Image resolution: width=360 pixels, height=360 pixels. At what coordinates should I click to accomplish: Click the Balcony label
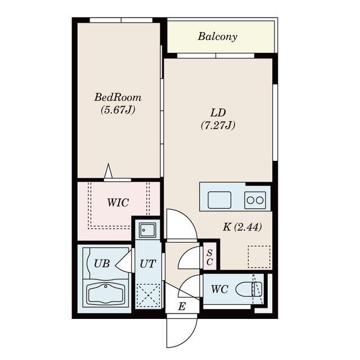(218, 37)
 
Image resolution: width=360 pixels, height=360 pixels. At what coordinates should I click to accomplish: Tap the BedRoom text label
(118, 97)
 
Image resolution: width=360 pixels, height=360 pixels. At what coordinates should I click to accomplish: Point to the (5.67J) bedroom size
(118, 110)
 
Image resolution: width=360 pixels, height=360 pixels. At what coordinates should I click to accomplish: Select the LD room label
(218, 112)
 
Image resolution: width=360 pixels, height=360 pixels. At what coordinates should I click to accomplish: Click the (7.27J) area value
(218, 125)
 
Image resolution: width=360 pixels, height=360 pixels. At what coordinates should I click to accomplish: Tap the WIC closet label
(118, 202)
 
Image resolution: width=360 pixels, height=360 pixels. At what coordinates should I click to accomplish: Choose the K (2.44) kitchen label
(242, 227)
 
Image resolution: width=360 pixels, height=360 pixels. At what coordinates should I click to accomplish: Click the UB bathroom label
(102, 264)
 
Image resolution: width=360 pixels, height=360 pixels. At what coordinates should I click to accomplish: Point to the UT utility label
(148, 264)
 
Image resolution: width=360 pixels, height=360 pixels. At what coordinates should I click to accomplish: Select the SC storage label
(209, 257)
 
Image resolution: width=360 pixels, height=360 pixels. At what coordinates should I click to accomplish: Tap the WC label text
(220, 289)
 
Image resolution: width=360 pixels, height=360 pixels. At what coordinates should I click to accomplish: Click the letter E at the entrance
(182, 306)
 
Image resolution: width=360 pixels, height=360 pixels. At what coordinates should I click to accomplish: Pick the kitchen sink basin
(219, 200)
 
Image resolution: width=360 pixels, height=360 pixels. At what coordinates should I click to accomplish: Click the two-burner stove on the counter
(255, 200)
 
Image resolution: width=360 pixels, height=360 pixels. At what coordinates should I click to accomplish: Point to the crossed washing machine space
(148, 295)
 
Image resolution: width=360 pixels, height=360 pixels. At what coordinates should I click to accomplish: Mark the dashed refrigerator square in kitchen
(259, 256)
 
